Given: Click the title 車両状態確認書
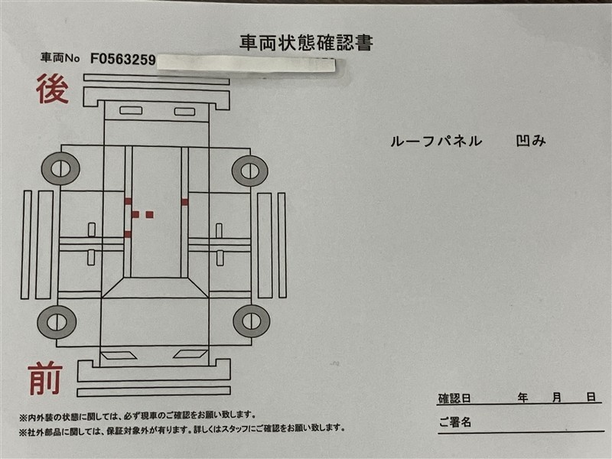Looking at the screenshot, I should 306,42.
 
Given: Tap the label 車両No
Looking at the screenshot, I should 62,58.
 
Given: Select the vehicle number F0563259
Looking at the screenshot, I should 122,58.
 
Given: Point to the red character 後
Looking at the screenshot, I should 52,90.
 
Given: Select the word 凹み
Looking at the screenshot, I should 532,141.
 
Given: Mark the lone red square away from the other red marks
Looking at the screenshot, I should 185,202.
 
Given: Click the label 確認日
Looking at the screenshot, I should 454,399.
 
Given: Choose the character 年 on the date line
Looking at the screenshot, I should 523,398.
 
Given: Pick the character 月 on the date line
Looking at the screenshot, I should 557,398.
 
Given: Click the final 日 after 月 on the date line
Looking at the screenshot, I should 591,398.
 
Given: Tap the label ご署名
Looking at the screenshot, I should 454,422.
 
